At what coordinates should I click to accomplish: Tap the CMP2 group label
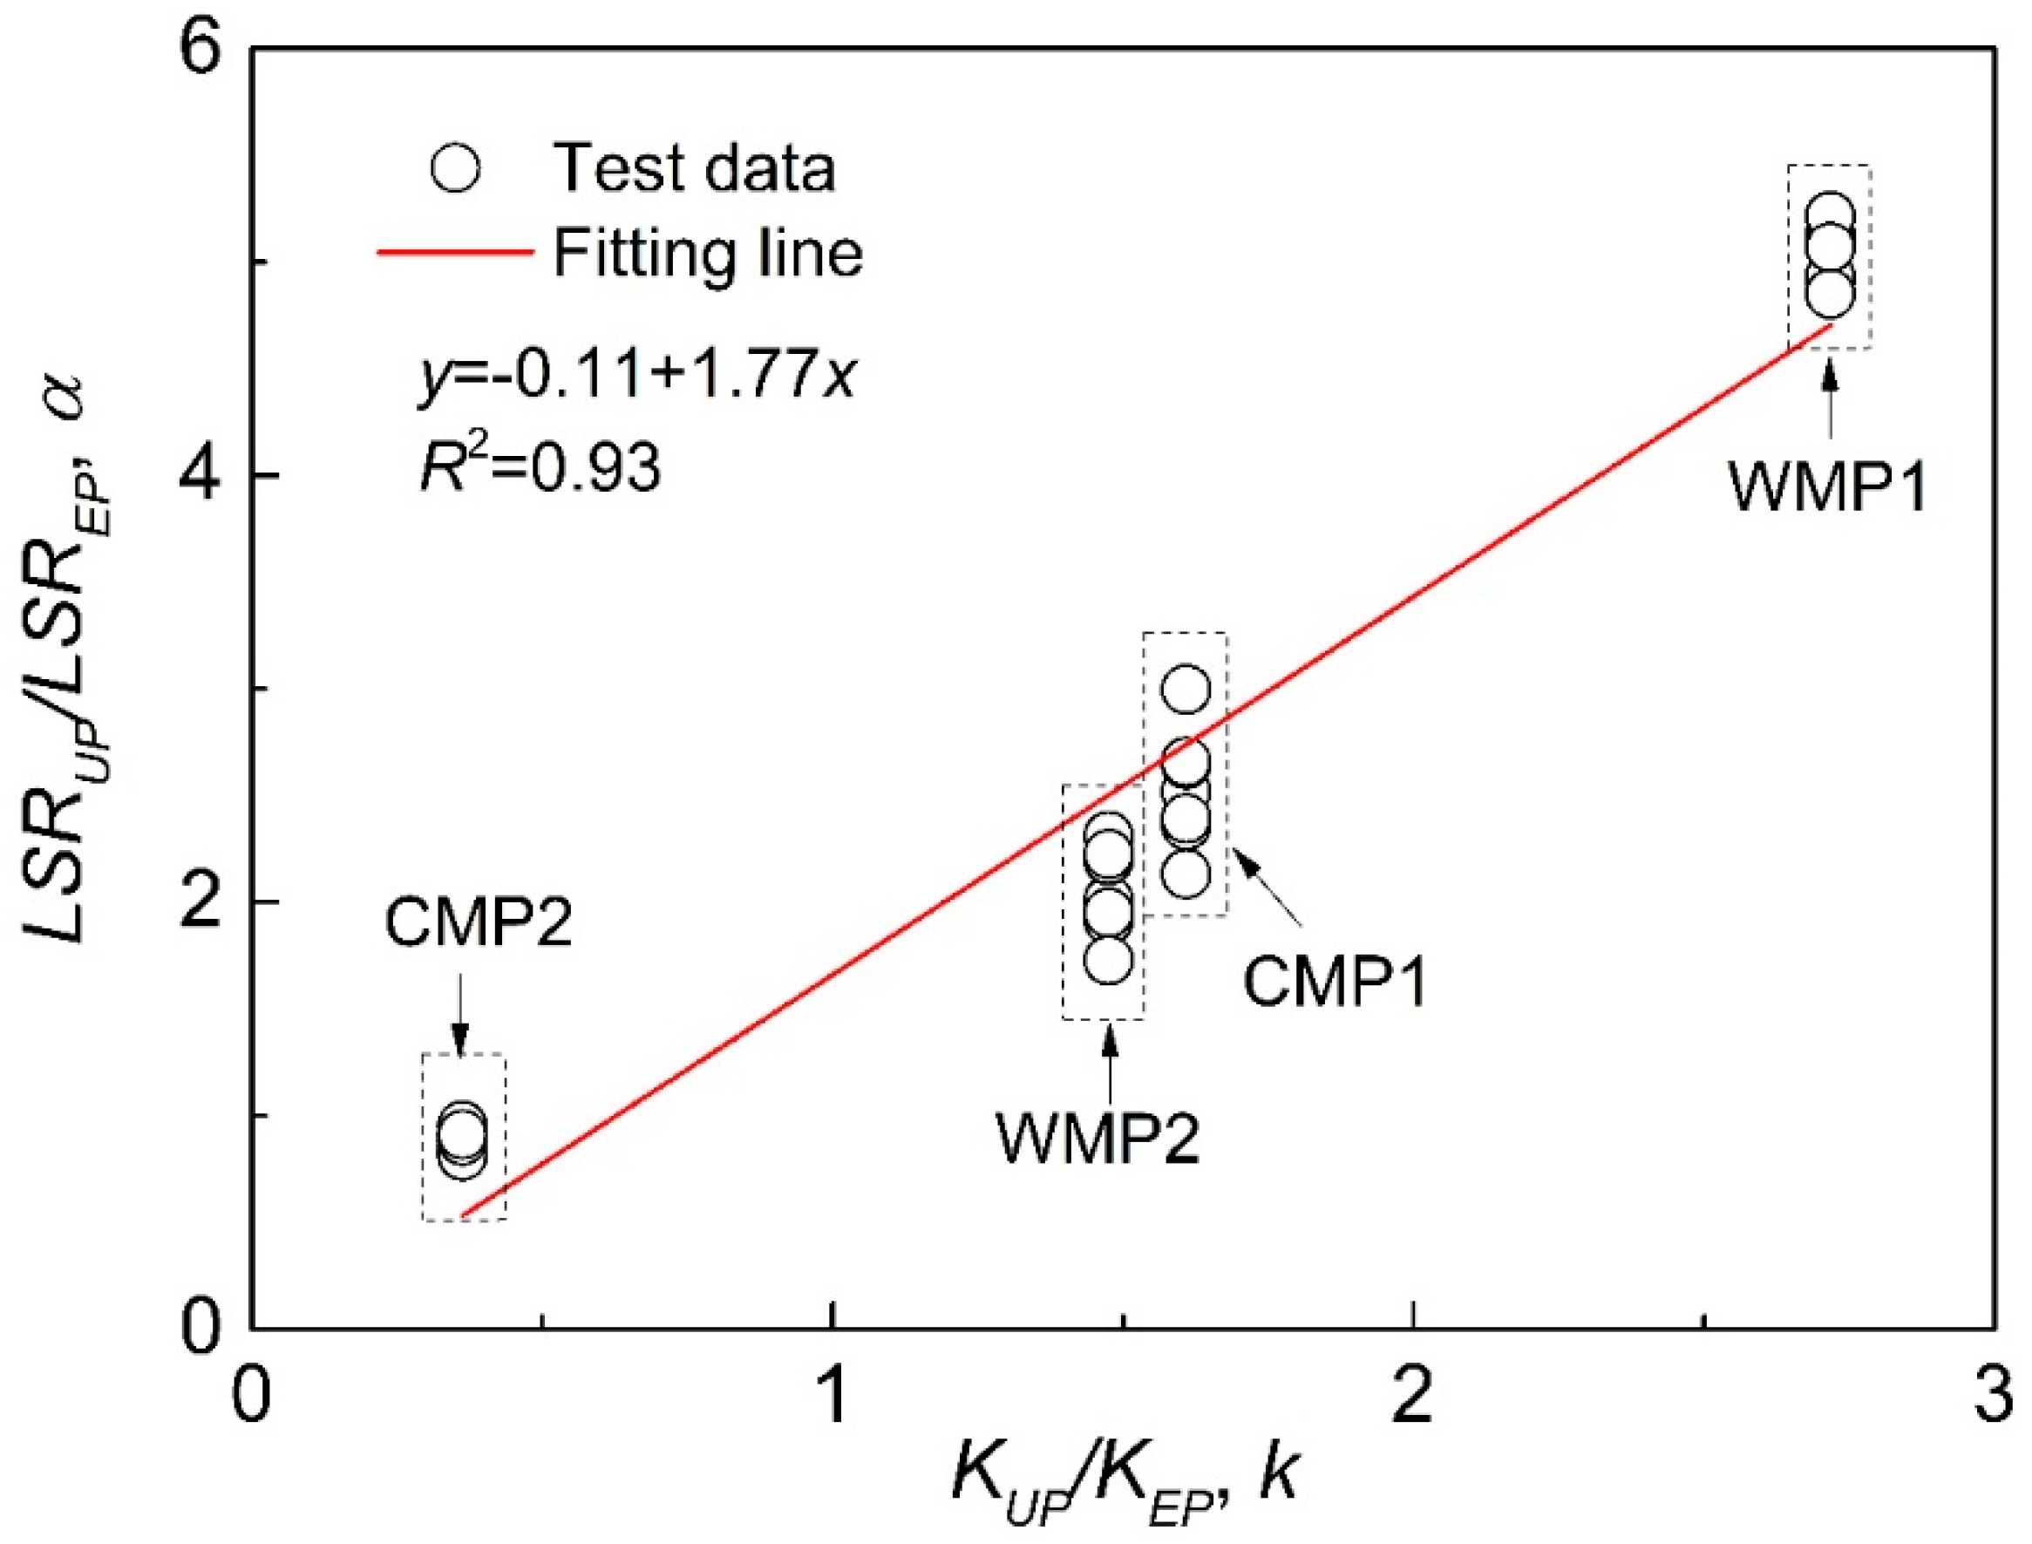[x=478, y=922]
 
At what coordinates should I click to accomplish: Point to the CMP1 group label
[x=1335, y=983]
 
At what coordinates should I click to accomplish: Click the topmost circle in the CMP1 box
[x=1186, y=690]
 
